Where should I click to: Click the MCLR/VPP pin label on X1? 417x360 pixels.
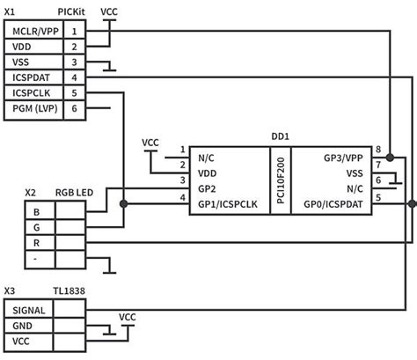[34, 31]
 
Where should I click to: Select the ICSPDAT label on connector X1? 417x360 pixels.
[31, 77]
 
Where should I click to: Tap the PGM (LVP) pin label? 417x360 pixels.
[33, 107]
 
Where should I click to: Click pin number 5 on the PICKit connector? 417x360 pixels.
[74, 92]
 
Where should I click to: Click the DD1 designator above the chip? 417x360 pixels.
[282, 136]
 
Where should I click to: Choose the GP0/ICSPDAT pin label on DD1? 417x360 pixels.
[331, 204]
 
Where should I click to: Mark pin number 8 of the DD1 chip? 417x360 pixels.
[377, 150]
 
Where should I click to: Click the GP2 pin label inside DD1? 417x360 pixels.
[207, 189]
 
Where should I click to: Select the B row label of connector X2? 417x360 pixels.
[35, 211]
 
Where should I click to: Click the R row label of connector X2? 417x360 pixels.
[35, 242]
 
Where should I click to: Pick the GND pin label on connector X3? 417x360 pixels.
[23, 326]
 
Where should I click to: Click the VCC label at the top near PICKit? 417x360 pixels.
[110, 12]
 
